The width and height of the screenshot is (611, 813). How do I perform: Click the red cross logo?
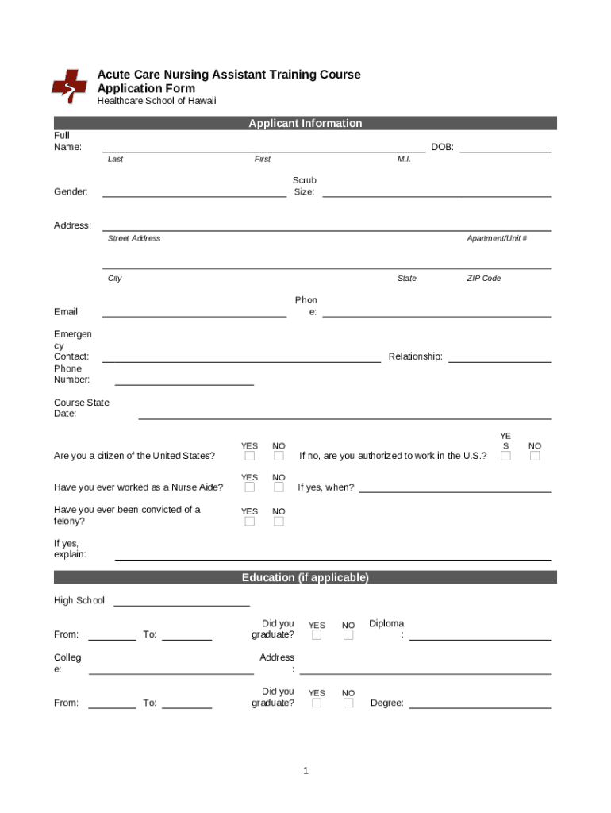pyautogui.click(x=69, y=86)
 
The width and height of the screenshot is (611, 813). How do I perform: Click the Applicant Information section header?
pyautogui.click(x=305, y=123)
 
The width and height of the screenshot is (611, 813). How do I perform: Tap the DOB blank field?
pyautogui.click(x=505, y=147)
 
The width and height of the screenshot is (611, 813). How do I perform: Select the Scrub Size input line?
pyautogui.click(x=436, y=191)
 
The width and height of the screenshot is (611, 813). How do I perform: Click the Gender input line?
pyautogui.click(x=194, y=191)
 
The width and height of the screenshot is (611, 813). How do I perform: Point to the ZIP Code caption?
pyautogui.click(x=483, y=279)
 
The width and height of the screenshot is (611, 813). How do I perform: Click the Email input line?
pyautogui.click(x=194, y=312)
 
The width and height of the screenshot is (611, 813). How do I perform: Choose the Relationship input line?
pyautogui.click(x=500, y=357)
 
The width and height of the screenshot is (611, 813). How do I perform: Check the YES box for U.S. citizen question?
pyautogui.click(x=250, y=456)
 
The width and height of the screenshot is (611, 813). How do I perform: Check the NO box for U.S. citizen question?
pyautogui.click(x=279, y=456)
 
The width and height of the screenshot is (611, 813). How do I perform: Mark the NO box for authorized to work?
pyautogui.click(x=535, y=456)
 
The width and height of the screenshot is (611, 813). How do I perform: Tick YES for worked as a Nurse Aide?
pyautogui.click(x=250, y=487)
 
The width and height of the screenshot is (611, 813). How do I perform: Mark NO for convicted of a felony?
pyautogui.click(x=279, y=522)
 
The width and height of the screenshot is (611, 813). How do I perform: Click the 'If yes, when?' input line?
pyautogui.click(x=455, y=487)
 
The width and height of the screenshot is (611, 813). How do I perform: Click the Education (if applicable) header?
pyautogui.click(x=305, y=577)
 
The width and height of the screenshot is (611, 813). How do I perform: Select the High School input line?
pyautogui.click(x=182, y=601)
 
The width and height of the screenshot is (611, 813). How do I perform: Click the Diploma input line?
pyautogui.click(x=480, y=635)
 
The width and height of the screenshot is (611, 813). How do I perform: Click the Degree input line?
pyautogui.click(x=480, y=703)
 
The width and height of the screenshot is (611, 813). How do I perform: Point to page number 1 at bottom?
pyautogui.click(x=305, y=771)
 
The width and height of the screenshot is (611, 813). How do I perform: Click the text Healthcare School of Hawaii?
pyautogui.click(x=156, y=101)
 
